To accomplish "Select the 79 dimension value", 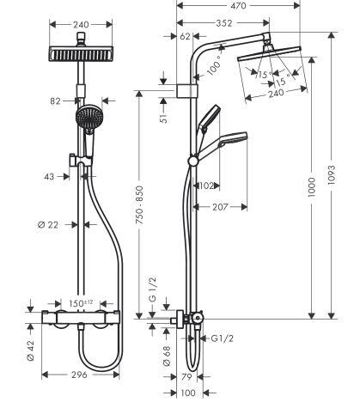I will [x=187, y=377].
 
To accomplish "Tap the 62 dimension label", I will [x=186, y=36].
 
